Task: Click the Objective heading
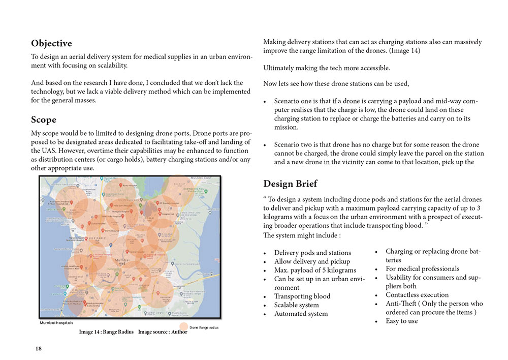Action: coord(51,44)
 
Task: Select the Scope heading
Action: coord(44,120)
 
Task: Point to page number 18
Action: coord(39,348)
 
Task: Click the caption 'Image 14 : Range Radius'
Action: coord(106,332)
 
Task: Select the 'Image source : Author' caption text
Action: coord(163,332)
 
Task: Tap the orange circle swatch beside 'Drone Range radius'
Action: coord(183,327)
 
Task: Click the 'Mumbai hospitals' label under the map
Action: coord(56,323)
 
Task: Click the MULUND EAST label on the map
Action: coord(202,178)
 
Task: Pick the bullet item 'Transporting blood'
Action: coord(302,296)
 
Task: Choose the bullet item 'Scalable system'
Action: coord(296,305)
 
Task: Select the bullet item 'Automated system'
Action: coord(301,314)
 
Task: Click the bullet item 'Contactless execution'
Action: coord(417,295)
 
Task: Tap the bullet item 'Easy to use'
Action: coord(401,321)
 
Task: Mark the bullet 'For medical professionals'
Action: coord(422,268)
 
